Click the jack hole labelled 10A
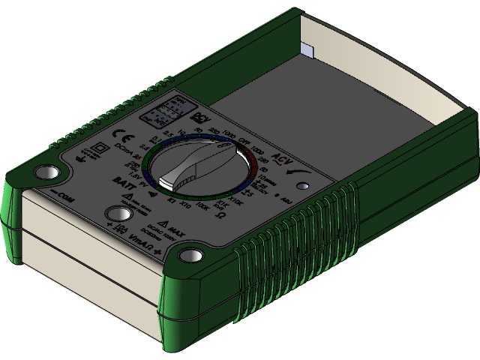(115, 214)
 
